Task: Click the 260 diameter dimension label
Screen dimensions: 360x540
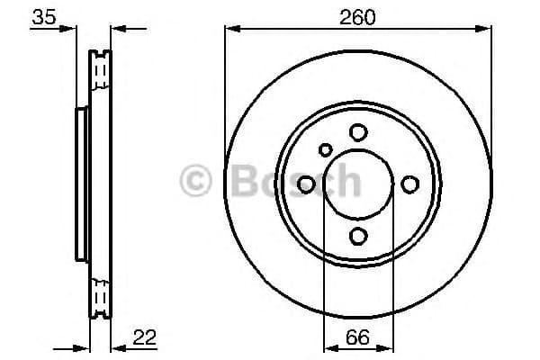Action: coord(358,16)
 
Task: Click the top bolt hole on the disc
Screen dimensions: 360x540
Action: coord(358,132)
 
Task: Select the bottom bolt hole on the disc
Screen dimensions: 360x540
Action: coord(358,236)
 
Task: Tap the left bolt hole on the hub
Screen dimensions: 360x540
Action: coord(306,184)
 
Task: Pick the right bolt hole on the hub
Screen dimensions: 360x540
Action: coord(410,184)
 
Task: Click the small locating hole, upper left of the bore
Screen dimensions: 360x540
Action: coord(326,149)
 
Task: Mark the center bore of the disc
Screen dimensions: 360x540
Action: coord(358,184)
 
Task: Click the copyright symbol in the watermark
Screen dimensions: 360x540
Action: coord(197,181)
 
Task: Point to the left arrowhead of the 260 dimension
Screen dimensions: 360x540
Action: coord(230,30)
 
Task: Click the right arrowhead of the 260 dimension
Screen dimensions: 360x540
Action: coord(486,30)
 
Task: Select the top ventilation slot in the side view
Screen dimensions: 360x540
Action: coord(100,67)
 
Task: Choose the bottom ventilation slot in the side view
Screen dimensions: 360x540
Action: coord(100,294)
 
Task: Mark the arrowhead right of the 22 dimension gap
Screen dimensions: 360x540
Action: coord(116,346)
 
